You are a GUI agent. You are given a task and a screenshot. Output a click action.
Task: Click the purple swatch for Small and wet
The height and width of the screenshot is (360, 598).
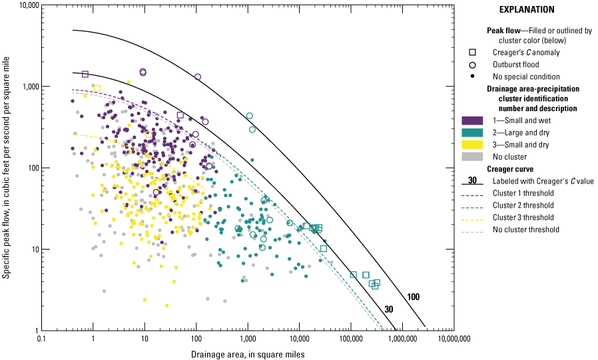(471, 120)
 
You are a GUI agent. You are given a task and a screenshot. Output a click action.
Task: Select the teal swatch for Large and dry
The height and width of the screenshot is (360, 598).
(471, 133)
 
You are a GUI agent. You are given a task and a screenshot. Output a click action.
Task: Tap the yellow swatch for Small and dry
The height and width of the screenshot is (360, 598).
(471, 145)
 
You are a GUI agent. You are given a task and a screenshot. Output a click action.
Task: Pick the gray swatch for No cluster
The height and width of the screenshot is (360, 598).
(471, 157)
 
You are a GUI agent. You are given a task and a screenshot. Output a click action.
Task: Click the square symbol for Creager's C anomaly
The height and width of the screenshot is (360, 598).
(471, 53)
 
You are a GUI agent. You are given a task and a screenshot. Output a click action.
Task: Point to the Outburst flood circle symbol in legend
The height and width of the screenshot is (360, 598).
(471, 65)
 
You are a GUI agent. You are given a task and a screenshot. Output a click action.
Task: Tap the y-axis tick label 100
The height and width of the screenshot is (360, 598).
(30, 168)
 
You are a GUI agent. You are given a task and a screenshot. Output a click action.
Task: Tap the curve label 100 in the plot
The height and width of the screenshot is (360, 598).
(413, 297)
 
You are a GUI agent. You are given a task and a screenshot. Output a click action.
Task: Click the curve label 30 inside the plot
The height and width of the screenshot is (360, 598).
(389, 309)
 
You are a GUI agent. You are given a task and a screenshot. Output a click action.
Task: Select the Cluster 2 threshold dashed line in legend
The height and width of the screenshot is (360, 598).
(471, 205)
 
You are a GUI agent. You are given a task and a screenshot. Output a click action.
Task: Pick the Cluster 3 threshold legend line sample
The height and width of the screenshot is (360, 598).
(471, 217)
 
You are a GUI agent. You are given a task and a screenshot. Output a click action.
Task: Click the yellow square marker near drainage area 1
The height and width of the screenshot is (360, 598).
(97, 88)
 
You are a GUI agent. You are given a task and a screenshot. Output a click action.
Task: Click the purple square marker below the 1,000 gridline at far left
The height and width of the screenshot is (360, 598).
(85, 74)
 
